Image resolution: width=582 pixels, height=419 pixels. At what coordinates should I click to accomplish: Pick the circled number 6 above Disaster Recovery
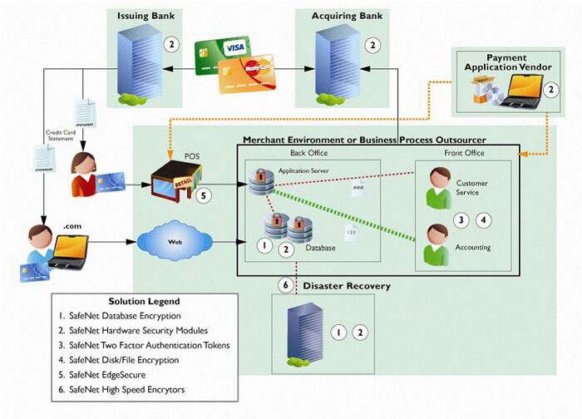(x=285, y=285)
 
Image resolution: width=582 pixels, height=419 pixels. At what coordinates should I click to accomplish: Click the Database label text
(x=321, y=248)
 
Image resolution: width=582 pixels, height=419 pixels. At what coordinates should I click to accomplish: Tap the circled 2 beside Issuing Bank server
(x=171, y=44)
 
